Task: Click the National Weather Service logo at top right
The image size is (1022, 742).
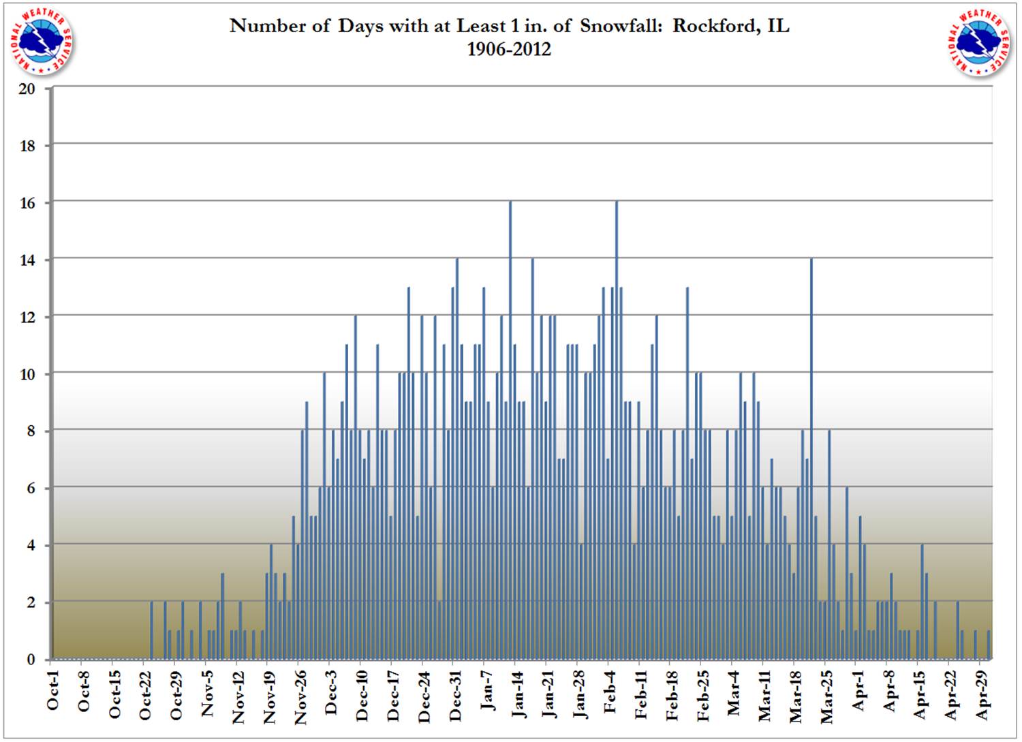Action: tap(979, 42)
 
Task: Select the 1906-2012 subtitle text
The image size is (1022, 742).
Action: tap(508, 49)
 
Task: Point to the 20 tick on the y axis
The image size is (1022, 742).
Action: tap(27, 89)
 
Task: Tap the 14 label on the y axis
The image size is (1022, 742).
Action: tap(27, 260)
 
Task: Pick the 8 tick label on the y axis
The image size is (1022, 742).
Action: tap(31, 431)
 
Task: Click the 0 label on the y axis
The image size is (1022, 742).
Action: tap(31, 660)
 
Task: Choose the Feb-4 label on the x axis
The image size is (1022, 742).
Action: tap(610, 692)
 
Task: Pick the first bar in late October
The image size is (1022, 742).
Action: tap(151, 630)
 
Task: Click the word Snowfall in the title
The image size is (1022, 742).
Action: tap(623, 26)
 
